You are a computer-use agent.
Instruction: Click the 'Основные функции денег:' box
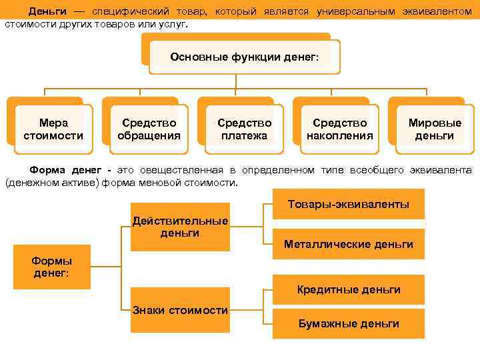[244, 57]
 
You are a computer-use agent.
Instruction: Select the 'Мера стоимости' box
[53, 129]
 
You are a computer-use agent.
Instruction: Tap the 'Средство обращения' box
[149, 129]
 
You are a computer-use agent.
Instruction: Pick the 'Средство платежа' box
[244, 129]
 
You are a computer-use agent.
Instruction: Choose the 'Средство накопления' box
[339, 129]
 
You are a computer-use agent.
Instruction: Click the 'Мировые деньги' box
[435, 129]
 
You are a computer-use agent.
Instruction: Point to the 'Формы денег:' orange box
[52, 267]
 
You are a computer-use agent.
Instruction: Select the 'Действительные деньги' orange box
[180, 227]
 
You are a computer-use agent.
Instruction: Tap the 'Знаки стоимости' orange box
[180, 310]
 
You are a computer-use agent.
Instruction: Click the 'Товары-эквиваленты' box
[348, 204]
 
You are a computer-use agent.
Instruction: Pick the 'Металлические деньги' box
[348, 244]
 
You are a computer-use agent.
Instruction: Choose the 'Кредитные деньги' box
[348, 289]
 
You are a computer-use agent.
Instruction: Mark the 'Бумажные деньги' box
[348, 323]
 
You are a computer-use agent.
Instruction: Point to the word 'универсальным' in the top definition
[357, 12]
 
